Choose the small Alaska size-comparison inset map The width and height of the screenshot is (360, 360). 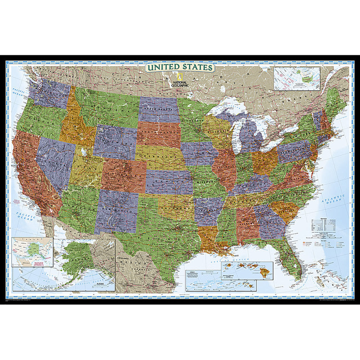click(32, 252)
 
